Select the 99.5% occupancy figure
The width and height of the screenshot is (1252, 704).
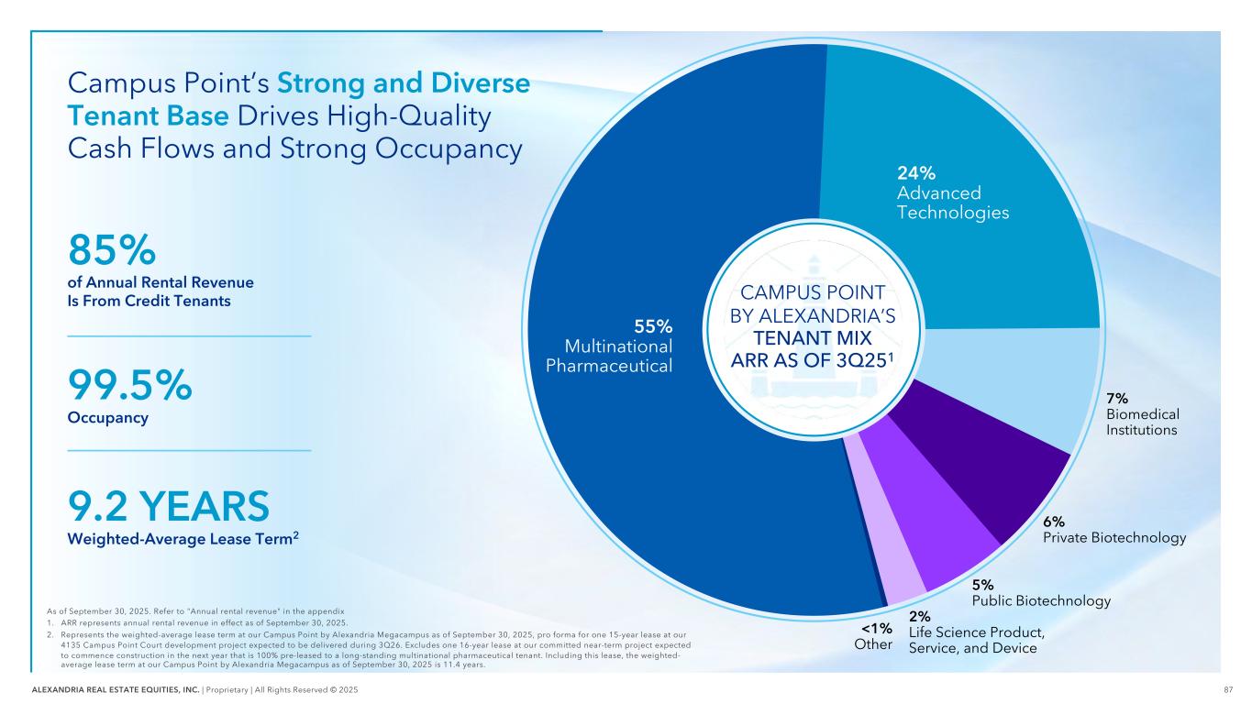(130, 386)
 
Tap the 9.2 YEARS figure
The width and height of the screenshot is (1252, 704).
(169, 506)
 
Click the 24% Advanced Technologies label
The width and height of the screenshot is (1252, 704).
(952, 192)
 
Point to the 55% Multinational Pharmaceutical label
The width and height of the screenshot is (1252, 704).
(609, 346)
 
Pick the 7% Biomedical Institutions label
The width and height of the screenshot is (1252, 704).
(1142, 413)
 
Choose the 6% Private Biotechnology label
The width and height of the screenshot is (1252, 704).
(1114, 530)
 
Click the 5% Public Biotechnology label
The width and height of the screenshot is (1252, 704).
(1041, 593)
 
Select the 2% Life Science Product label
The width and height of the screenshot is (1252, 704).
(976, 632)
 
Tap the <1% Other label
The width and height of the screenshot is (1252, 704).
(872, 636)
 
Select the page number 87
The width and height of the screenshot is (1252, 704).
(1227, 688)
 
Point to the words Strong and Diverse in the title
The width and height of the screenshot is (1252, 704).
(404, 84)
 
